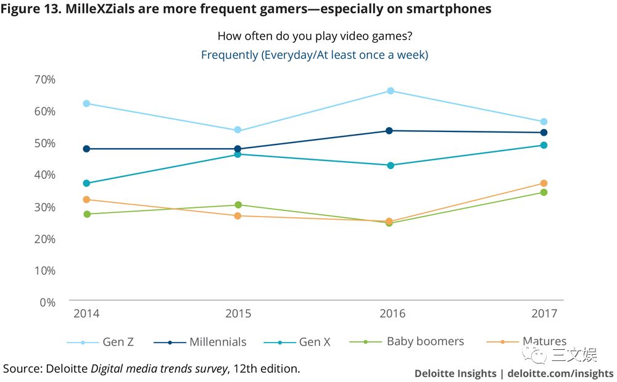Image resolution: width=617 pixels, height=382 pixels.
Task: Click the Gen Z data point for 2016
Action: tap(391, 91)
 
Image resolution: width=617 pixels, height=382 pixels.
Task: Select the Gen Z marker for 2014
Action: tap(86, 104)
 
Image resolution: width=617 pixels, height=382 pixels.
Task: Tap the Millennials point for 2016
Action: tap(389, 131)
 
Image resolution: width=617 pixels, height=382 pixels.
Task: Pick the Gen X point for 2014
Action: tap(86, 183)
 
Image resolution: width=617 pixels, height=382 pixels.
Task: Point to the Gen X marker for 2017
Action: tap(544, 145)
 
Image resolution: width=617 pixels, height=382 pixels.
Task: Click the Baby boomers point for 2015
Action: tap(238, 205)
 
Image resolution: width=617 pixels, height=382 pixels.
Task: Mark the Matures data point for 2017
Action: tap(544, 183)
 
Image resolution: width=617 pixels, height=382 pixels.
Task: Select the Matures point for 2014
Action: tap(86, 199)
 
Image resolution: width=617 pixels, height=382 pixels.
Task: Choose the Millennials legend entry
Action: tap(201, 342)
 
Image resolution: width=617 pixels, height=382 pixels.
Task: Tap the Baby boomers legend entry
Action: tap(407, 341)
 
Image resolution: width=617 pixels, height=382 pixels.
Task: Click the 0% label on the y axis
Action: tap(48, 302)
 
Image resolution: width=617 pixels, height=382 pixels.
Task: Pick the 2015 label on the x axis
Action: tap(238, 314)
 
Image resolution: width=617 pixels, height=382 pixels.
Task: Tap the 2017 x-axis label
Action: tap(544, 314)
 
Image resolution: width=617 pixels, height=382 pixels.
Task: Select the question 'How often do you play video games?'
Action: tap(315, 36)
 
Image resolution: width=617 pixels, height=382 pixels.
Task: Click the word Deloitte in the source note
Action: tap(67, 369)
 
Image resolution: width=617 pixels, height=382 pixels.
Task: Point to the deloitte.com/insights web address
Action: tap(560, 373)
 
